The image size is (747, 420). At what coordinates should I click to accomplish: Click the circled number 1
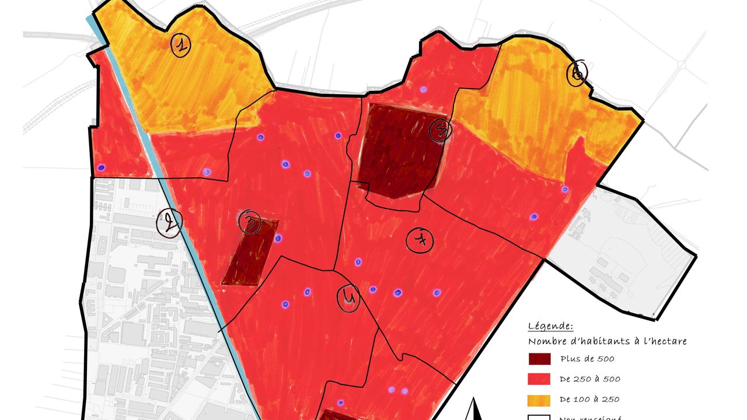point(181,45)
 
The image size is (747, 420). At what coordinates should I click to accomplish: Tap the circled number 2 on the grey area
point(169,222)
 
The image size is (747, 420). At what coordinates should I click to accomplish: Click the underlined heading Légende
point(550,326)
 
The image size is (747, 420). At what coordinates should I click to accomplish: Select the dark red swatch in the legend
point(539,359)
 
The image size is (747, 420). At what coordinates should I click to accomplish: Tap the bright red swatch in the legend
point(539,379)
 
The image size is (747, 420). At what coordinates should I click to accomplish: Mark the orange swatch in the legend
point(539,400)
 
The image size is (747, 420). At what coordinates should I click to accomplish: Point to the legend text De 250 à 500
point(589,379)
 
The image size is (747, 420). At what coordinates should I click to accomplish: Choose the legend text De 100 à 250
point(589,400)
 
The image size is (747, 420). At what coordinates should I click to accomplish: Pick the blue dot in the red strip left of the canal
point(101,167)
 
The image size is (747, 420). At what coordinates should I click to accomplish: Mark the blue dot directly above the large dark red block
point(423,90)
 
